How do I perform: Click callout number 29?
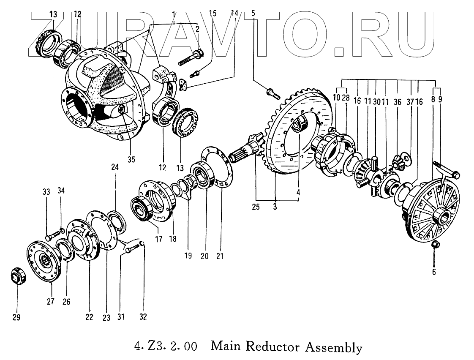point(16,317)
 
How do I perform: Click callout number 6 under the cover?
point(434,272)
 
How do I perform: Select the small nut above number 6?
point(434,245)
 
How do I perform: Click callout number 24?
point(115,167)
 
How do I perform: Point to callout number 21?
point(220,256)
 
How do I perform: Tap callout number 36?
point(397,102)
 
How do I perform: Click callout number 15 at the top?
point(213,14)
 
